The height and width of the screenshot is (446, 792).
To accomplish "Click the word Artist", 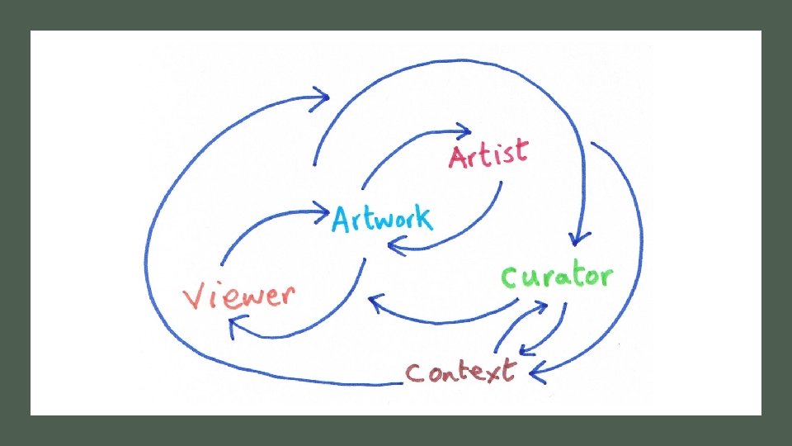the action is (488, 154).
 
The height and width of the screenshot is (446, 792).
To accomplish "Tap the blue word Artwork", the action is (381, 218).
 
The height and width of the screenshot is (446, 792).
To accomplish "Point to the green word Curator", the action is (558, 277).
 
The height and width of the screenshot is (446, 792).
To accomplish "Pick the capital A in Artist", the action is (460, 156).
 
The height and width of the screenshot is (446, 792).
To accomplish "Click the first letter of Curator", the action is (511, 278).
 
